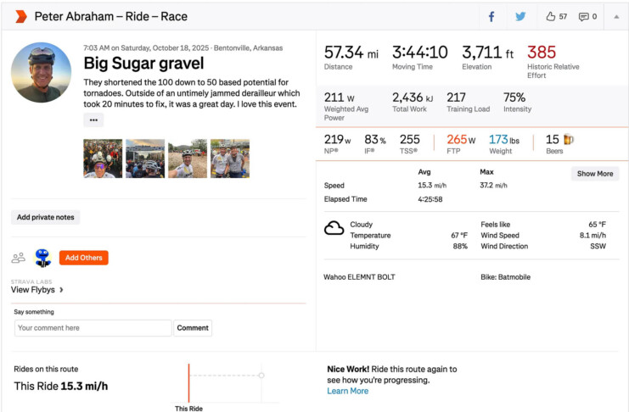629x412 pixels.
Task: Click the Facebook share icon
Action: point(491,16)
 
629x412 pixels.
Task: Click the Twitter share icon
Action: point(520,16)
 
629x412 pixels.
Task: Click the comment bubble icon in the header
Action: point(583,16)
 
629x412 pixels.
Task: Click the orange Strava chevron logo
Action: point(21,16)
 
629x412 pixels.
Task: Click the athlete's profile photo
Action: point(42,73)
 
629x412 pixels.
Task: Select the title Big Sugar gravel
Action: point(143,64)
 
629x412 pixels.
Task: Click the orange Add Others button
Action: point(83,258)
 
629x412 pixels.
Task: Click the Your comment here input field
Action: point(93,327)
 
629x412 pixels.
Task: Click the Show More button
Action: point(594,174)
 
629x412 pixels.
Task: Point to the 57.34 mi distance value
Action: point(351,53)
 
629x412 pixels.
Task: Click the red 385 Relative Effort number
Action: point(541,53)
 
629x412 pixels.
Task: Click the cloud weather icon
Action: point(334,227)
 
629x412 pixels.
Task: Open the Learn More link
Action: point(347,391)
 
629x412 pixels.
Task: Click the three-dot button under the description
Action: point(93,120)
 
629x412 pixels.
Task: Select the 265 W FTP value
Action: point(461,139)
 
